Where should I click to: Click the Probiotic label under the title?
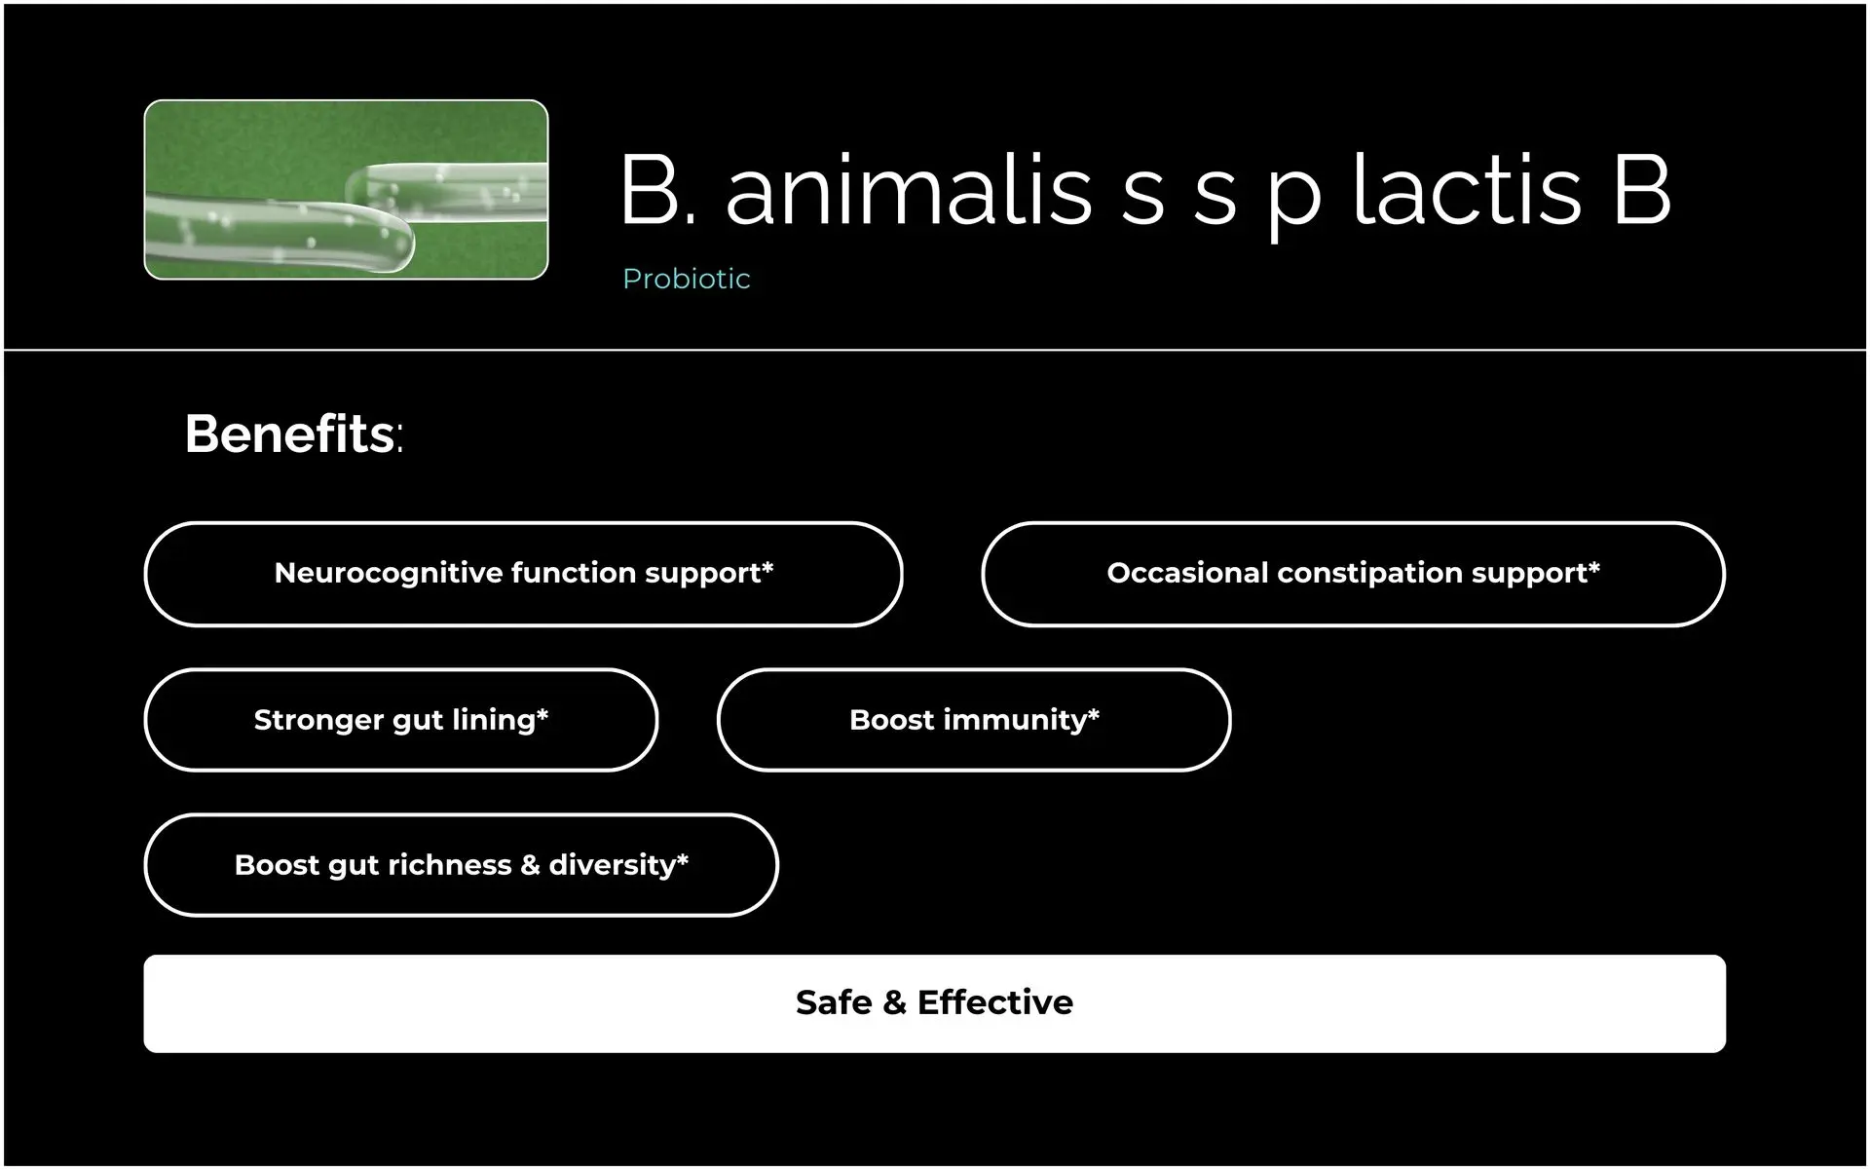(x=687, y=280)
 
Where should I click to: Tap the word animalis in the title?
(x=909, y=189)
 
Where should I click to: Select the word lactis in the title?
(x=1467, y=189)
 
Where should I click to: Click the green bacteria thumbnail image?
(x=346, y=190)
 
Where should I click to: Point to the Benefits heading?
(x=293, y=434)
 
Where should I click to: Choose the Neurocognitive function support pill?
(x=523, y=574)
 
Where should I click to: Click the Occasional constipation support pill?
(x=1353, y=574)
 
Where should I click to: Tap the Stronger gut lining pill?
(x=400, y=720)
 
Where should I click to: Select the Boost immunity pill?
(x=974, y=720)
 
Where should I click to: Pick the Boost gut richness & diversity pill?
(x=461, y=865)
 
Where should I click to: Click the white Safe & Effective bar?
(x=934, y=1003)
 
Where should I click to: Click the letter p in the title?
(x=1293, y=199)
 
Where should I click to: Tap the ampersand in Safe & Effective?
(x=894, y=1002)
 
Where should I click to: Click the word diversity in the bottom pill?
(x=612, y=866)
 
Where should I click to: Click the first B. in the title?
(x=658, y=189)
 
